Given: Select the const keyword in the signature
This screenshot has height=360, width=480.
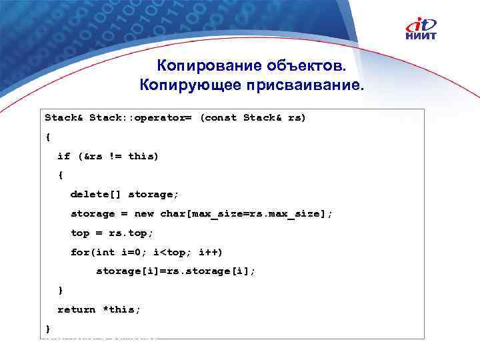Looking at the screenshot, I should click(219, 117).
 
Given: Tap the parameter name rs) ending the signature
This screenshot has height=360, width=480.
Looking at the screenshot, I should click(297, 117).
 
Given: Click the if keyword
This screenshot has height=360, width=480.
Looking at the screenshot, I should click(63, 156).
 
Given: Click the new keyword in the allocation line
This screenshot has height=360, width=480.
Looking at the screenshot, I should click(144, 214).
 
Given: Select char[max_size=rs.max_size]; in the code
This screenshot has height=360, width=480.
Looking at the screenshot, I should click(246, 214).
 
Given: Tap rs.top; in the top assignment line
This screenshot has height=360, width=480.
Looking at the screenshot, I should click(131, 233).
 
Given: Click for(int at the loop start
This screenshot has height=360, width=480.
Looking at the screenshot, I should click(93, 253).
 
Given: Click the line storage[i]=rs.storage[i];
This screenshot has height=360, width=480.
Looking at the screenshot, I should click(176, 272).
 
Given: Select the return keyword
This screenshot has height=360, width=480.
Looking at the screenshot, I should click(77, 310).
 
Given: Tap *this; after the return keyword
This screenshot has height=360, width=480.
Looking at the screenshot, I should click(121, 310).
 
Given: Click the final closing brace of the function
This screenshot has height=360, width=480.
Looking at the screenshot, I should click(47, 329).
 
